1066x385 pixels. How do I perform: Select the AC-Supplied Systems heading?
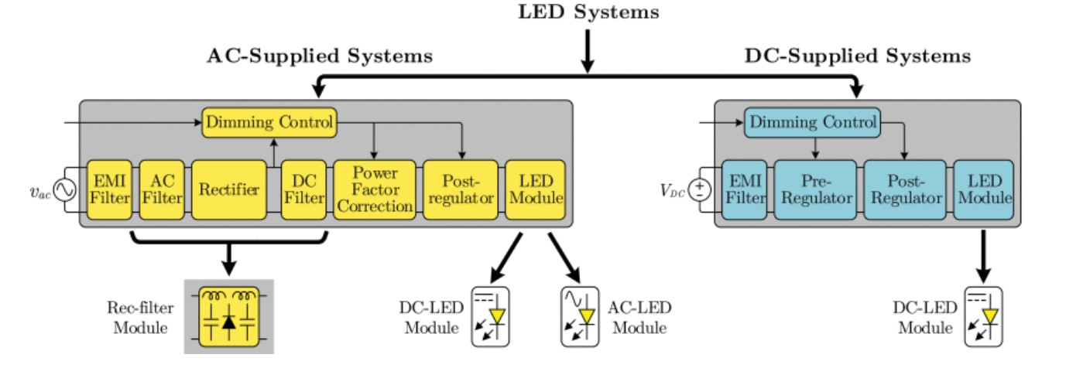[320, 56]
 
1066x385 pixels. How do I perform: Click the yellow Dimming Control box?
[269, 121]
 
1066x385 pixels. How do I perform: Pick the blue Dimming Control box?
[811, 121]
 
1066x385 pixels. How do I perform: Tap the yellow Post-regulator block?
[458, 190]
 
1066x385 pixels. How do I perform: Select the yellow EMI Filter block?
[109, 190]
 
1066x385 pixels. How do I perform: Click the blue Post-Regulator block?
[904, 190]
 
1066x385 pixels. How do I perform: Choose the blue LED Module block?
[982, 190]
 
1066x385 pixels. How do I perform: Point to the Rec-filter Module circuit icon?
[228, 316]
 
